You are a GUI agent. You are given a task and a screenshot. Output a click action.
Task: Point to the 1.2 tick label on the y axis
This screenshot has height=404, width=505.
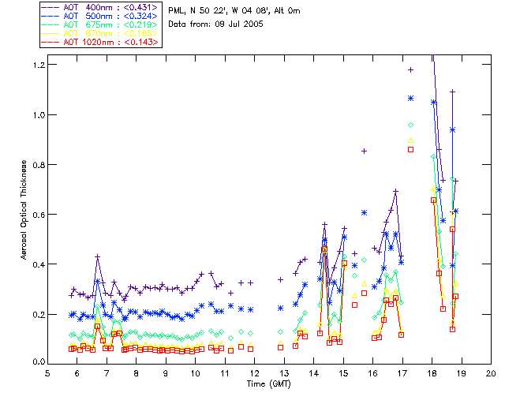(36, 64)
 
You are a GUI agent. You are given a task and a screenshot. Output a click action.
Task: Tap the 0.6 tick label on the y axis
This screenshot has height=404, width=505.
(36, 214)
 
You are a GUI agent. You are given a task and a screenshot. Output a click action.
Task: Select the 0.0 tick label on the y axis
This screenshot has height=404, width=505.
(36, 363)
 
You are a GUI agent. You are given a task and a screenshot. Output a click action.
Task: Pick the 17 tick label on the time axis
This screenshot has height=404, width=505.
(402, 372)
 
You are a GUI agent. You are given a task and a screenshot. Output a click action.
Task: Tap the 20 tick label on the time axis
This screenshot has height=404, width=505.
(491, 372)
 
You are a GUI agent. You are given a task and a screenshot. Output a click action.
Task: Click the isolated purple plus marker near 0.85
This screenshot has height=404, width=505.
(364, 151)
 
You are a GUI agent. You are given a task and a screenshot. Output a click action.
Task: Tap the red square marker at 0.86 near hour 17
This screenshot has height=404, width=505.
(410, 149)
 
